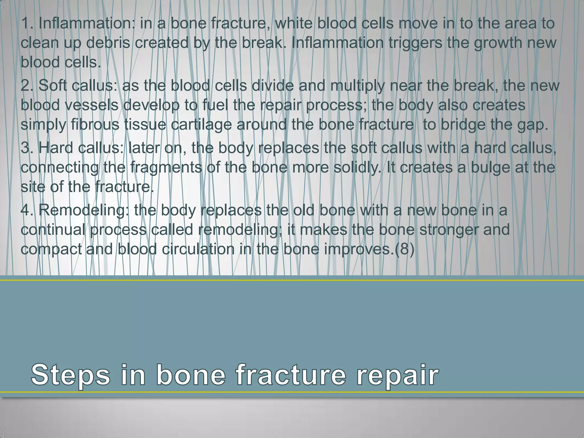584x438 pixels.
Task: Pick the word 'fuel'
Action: [212, 105]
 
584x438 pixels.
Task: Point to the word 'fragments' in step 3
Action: [166, 167]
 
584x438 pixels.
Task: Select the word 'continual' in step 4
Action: [53, 230]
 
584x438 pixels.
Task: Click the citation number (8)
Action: [404, 249]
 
